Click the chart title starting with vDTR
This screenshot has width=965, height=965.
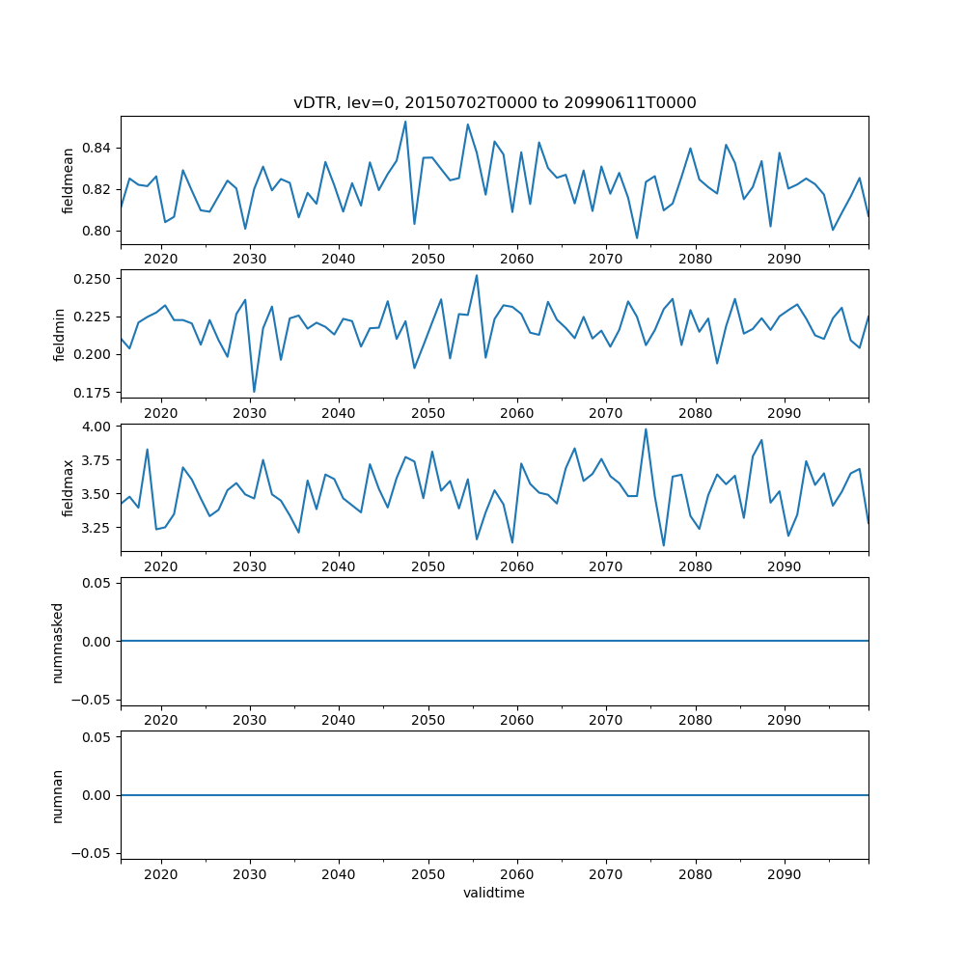[x=494, y=103]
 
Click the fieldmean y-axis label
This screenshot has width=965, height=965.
[x=68, y=180]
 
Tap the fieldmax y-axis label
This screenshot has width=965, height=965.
[x=68, y=488]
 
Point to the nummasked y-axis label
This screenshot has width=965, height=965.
[x=57, y=642]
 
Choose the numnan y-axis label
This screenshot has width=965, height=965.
[x=57, y=795]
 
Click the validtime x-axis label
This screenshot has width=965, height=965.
[x=494, y=894]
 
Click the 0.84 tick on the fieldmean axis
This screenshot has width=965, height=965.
[x=96, y=148]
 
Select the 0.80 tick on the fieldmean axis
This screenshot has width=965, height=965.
[x=96, y=231]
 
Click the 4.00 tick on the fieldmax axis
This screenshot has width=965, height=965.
[x=96, y=426]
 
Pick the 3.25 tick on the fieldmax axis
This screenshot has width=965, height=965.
[x=96, y=528]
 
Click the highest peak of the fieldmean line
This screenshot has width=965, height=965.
[x=405, y=121]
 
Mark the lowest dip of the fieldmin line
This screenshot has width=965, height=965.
[x=254, y=392]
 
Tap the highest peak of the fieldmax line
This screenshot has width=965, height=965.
[x=646, y=429]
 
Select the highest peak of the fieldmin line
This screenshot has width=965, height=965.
[x=477, y=275]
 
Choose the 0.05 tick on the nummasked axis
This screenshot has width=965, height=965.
[x=96, y=583]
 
